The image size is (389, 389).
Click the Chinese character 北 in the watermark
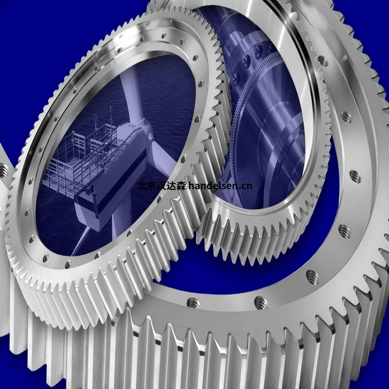[142, 186]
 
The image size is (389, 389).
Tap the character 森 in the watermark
[182, 186]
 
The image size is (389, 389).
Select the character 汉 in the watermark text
[161, 186]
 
